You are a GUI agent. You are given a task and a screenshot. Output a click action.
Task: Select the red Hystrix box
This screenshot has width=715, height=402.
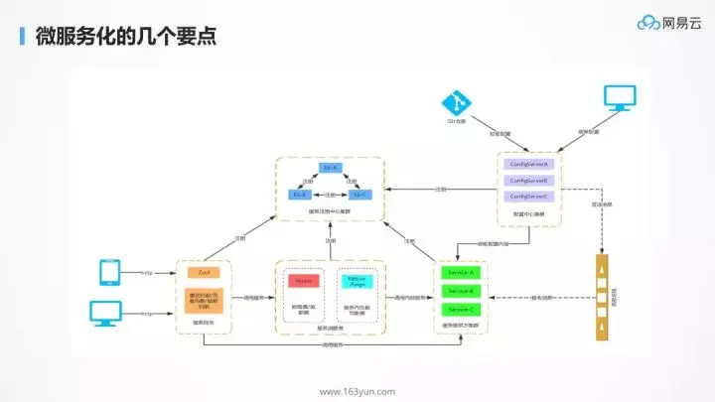pyautogui.click(x=304, y=281)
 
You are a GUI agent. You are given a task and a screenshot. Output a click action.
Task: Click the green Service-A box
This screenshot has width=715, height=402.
pyautogui.click(x=460, y=271)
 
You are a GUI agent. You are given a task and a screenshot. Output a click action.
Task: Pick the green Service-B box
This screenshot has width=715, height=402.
pyautogui.click(x=460, y=290)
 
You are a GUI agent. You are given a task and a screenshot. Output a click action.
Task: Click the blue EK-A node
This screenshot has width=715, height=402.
pyautogui.click(x=331, y=168)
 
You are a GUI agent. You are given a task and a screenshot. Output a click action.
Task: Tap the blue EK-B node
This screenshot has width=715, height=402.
pyautogui.click(x=301, y=195)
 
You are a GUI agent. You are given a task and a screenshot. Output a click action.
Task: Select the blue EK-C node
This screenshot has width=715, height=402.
pyautogui.click(x=359, y=195)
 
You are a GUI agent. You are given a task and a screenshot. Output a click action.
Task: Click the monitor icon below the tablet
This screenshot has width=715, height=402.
pyautogui.click(x=107, y=312)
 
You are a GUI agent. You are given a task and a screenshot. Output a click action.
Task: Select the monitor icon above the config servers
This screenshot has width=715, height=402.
pyautogui.click(x=621, y=99)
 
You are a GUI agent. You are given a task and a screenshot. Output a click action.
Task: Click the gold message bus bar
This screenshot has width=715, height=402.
pyautogui.click(x=601, y=298)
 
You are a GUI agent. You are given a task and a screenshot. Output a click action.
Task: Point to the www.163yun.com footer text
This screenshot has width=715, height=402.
pyautogui.click(x=357, y=390)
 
